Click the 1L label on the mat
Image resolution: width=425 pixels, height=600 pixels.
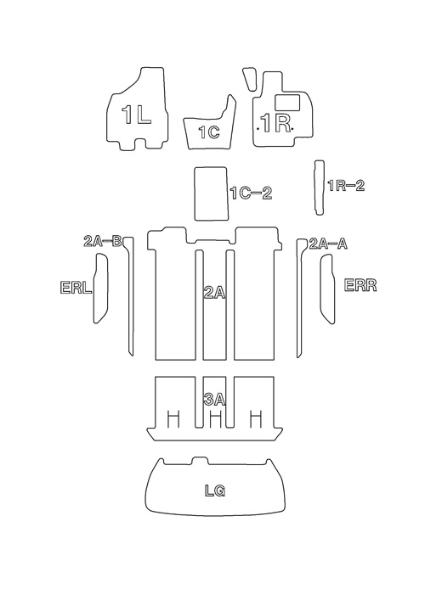[136, 115]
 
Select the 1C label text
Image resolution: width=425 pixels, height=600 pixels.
[209, 132]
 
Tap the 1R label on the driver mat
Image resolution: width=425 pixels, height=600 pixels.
[275, 123]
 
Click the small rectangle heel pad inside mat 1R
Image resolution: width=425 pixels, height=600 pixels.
[287, 101]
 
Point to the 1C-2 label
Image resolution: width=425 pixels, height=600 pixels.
[252, 193]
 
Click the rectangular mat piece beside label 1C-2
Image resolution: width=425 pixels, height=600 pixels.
[212, 193]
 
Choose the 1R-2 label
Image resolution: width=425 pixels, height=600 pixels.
[346, 186]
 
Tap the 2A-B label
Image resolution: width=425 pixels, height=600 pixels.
[102, 242]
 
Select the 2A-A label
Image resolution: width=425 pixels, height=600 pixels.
[328, 244]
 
